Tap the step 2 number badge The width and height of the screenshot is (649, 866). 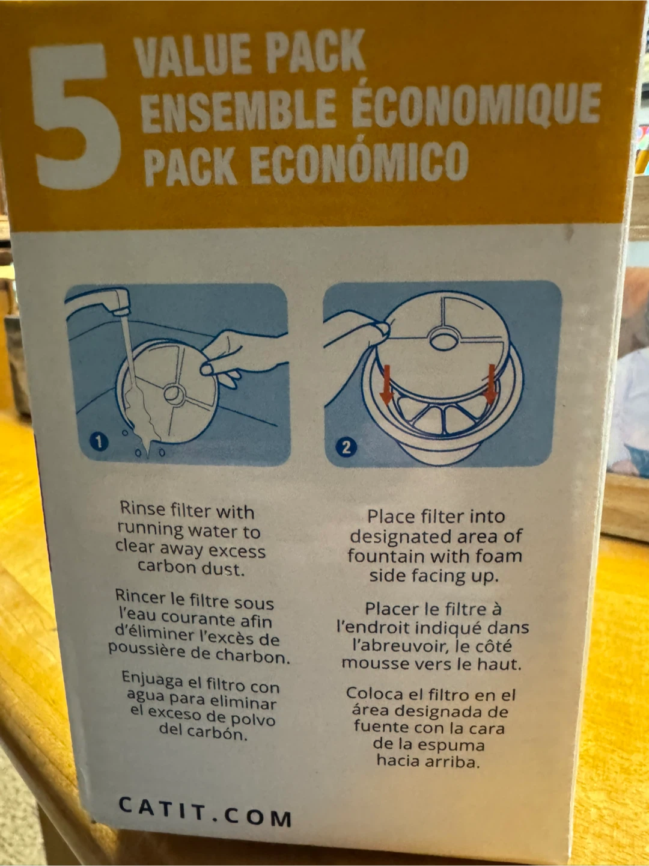[x=346, y=447]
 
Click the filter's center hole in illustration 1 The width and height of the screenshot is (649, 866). [x=174, y=393]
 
